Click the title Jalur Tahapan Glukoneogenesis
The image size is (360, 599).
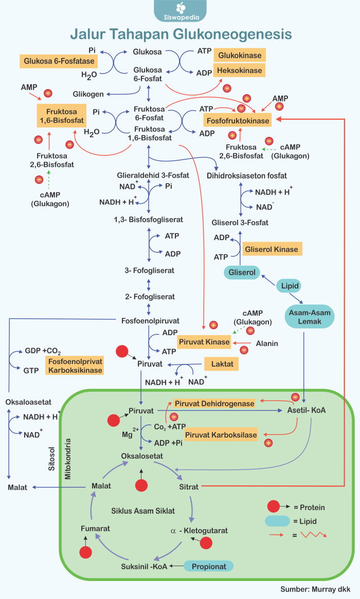pyautogui.click(x=181, y=34)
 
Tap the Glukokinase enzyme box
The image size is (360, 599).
pyautogui.click(x=240, y=56)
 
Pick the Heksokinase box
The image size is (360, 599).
pyautogui.click(x=239, y=70)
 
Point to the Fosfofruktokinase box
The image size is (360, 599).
pyautogui.click(x=237, y=121)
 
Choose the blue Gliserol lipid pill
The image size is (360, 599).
pyautogui.click(x=242, y=271)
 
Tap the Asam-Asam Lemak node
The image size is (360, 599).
pyautogui.click(x=309, y=317)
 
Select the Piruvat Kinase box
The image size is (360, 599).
pyautogui.click(x=204, y=342)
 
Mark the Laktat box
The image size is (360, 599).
pyautogui.click(x=222, y=364)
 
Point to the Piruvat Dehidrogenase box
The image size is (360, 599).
pyautogui.click(x=214, y=404)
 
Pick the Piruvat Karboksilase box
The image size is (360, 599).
pyautogui.click(x=221, y=435)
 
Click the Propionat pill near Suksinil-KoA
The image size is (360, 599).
pyautogui.click(x=209, y=566)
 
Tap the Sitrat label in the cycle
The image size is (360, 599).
pyautogui.click(x=189, y=486)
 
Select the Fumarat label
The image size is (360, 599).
pyautogui.click(x=95, y=528)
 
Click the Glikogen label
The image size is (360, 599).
pyautogui.click(x=88, y=94)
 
